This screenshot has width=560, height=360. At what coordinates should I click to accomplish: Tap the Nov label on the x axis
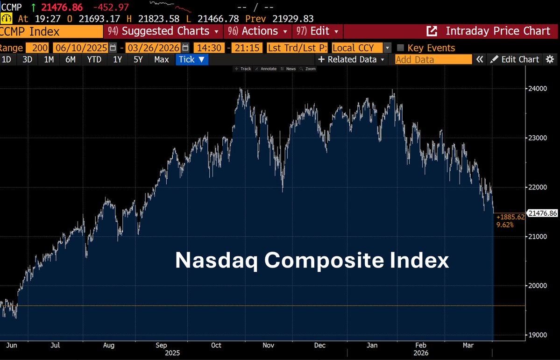pos(268,346)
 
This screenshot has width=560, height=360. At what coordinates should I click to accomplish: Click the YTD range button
pos(94,59)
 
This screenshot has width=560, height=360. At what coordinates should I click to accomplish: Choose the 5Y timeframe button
pos(138,59)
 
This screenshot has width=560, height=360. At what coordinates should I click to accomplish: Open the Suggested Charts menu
pos(163,31)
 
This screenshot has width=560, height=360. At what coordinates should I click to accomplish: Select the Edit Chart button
pos(515,59)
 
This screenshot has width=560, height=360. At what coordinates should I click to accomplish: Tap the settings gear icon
pos(550,59)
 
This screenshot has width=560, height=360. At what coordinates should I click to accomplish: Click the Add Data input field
pos(433,59)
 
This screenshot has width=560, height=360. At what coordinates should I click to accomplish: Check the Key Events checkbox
pos(400,48)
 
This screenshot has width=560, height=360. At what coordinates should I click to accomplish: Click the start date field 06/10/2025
pos(80,48)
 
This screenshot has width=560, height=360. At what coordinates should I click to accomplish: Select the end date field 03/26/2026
pos(153,48)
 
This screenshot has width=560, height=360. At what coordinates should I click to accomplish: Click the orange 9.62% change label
pos(505,225)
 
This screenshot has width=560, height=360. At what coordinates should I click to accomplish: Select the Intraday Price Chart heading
pos(497,31)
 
